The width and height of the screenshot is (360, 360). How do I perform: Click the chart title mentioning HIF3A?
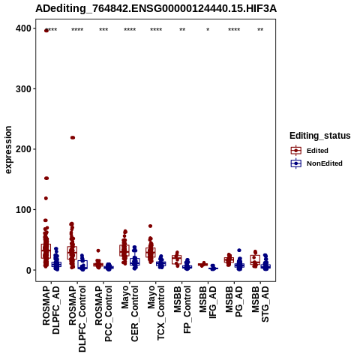156,8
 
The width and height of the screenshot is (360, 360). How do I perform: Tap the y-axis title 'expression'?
8,150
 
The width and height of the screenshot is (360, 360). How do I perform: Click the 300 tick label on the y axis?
23,88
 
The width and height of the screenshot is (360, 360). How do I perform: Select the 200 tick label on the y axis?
23,149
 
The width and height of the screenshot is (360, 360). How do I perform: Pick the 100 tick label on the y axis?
23,209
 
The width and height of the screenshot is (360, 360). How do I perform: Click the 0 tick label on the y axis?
29,270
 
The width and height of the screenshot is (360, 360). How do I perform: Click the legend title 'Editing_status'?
320,136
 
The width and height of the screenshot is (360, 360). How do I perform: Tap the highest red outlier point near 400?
46,31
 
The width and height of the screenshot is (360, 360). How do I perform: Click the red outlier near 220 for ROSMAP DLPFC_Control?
73,137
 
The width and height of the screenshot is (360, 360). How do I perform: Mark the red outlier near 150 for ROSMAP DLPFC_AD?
46,178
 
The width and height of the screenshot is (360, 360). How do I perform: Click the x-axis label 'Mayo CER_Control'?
130,313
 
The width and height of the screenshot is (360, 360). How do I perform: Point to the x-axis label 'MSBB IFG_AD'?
208,302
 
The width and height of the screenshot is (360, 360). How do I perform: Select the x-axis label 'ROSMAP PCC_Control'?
103,313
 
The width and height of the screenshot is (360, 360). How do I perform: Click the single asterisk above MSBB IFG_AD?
208,30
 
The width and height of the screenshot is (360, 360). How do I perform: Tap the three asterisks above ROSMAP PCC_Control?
103,30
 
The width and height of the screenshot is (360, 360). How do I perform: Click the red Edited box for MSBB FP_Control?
177,259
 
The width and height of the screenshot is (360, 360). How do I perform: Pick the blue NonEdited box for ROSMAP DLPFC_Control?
82,264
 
